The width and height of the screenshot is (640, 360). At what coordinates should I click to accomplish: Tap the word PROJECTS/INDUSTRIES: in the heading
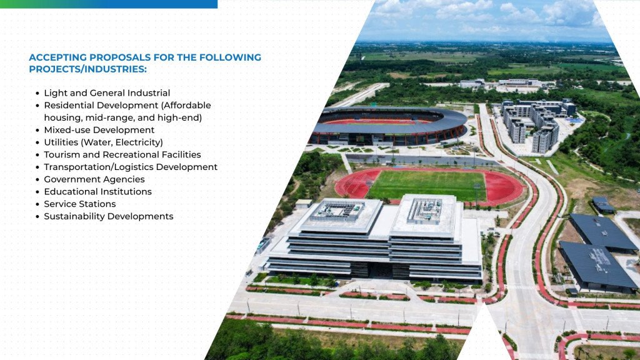87,69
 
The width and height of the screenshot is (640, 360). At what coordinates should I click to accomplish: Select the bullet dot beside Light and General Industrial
37,94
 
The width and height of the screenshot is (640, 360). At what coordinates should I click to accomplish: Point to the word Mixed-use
64,130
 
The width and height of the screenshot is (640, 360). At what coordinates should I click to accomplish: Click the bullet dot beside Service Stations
37,204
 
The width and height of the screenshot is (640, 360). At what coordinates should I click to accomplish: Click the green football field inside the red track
427,185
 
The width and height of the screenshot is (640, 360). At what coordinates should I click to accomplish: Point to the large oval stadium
387,125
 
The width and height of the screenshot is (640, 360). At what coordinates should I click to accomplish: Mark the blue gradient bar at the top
109,4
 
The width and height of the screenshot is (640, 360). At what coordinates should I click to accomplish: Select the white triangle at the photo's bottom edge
484,337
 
